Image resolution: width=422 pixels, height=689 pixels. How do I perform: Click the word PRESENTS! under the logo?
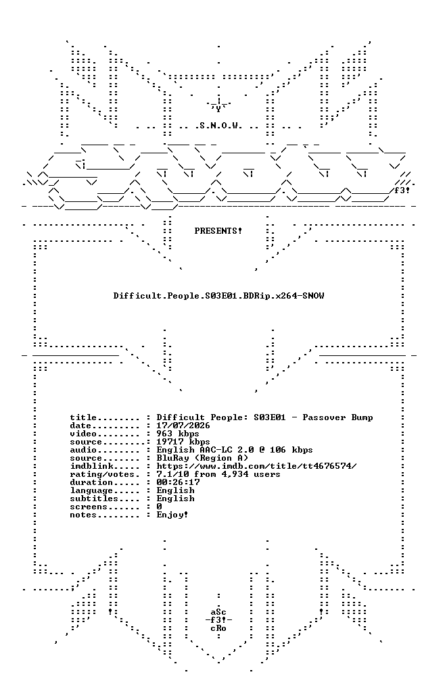218,231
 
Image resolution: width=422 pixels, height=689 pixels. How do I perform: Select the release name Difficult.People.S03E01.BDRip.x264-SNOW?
218,296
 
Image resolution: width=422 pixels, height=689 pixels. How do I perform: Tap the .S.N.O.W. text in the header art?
218,126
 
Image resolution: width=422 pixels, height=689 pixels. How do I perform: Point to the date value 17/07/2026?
183,426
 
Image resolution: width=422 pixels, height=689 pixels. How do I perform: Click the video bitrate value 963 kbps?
178,434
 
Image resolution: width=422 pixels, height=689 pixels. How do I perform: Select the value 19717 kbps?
183,442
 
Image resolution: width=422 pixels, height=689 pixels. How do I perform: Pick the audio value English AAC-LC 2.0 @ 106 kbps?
235,450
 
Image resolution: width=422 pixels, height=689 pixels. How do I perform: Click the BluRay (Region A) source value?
202,458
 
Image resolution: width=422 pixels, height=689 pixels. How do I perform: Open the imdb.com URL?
256,466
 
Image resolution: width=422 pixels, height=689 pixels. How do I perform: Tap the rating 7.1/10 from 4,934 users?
218,475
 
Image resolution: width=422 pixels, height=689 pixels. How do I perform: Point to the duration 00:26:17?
178,482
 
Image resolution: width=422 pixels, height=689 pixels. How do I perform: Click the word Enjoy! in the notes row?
172,515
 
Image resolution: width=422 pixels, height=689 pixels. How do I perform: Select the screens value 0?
160,507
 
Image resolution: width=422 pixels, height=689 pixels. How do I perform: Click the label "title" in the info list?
83,417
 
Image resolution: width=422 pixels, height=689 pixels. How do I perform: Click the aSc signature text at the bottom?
218,612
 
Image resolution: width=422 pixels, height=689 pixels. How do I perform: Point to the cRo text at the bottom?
218,628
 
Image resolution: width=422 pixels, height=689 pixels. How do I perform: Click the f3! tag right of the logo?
402,190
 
